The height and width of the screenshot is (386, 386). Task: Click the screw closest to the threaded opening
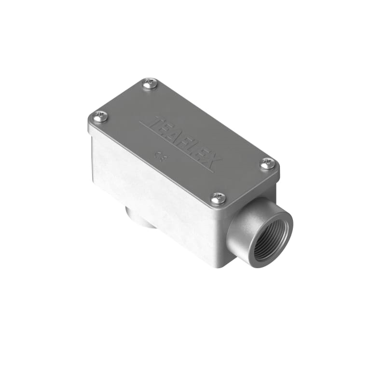point(219,197)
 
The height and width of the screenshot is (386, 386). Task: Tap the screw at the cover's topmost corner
point(150,84)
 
